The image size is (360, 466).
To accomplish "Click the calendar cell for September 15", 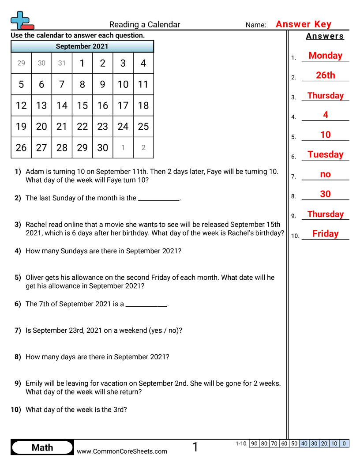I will click(82, 105).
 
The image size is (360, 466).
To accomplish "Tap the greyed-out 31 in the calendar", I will click(62, 63).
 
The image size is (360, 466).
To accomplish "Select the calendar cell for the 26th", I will click(21, 148).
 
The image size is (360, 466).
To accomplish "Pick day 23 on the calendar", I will click(102, 127).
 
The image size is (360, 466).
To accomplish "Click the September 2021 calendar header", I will click(82, 46).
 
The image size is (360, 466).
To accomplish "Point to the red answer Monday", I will click(325, 56).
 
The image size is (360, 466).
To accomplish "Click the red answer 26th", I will click(325, 75).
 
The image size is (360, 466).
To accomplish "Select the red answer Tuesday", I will click(325, 154).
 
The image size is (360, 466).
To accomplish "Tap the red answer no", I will click(325, 174).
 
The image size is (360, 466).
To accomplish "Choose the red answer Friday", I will click(325, 234).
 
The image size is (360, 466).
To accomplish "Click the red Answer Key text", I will click(304, 24).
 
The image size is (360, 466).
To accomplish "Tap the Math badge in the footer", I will click(42, 447).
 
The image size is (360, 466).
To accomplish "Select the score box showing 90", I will click(254, 443).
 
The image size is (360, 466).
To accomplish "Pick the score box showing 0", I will click(344, 443).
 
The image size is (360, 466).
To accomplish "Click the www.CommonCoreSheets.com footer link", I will click(122, 451).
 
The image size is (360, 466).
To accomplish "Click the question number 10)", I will click(16, 410).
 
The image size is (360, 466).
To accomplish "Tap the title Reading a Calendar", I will click(145, 25).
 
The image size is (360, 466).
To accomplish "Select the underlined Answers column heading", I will click(325, 36).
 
